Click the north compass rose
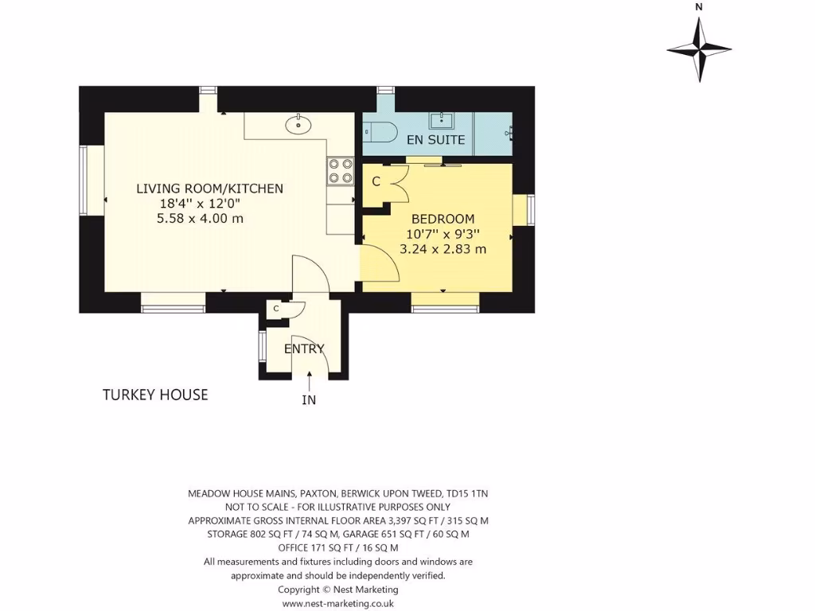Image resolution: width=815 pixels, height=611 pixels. click(699, 49)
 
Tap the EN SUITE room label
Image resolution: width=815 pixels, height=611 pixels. click(435, 140)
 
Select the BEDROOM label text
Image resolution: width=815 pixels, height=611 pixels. click(443, 219)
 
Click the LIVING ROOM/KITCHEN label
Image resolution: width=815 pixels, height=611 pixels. click(209, 189)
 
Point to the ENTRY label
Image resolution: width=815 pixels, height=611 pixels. click(304, 348)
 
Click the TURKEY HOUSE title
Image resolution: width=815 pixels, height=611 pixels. click(155, 395)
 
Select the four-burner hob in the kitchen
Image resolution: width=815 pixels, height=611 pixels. click(341, 171)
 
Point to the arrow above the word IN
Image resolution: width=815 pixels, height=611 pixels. click(309, 383)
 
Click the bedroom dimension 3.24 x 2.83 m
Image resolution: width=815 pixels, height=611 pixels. click(443, 249)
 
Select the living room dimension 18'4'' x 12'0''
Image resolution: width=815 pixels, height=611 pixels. click(200, 203)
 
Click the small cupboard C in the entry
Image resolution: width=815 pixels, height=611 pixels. click(276, 309)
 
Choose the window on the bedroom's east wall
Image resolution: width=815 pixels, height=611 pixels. click(529, 210)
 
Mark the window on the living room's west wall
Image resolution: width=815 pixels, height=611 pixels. click(84, 179)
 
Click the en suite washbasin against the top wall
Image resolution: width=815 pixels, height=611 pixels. click(441, 121)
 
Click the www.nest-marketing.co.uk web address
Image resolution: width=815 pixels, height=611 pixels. click(338, 603)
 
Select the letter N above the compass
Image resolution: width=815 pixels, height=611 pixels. click(699, 7)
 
